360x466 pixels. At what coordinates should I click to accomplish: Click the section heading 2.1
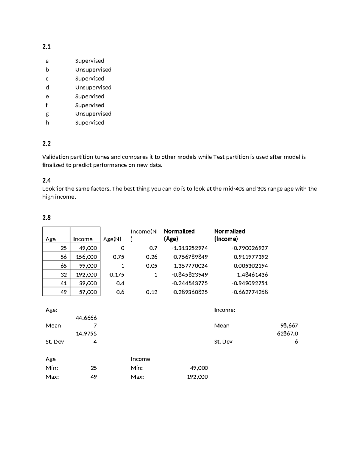coord(46,47)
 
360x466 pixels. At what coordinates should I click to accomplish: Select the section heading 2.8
coord(46,218)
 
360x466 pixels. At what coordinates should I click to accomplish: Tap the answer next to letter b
coord(93,70)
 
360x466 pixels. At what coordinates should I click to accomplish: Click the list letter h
coord(47,123)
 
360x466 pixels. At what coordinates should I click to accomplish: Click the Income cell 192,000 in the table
coord(86,275)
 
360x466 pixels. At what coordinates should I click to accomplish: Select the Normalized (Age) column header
coord(179,235)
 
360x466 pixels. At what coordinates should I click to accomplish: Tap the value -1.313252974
coord(189,248)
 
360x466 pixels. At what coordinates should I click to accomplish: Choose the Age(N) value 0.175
coord(117,275)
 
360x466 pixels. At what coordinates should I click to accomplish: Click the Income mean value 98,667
coord(289,326)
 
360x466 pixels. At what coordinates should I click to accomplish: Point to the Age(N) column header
coord(112,239)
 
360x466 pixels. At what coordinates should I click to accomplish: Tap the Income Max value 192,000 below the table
coord(197,377)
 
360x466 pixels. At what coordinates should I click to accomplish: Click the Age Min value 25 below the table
coord(94,368)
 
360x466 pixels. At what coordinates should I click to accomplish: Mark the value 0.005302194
coord(250,266)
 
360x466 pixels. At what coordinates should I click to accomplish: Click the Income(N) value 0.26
coord(151,257)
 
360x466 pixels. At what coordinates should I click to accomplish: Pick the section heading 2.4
coord(46,180)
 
